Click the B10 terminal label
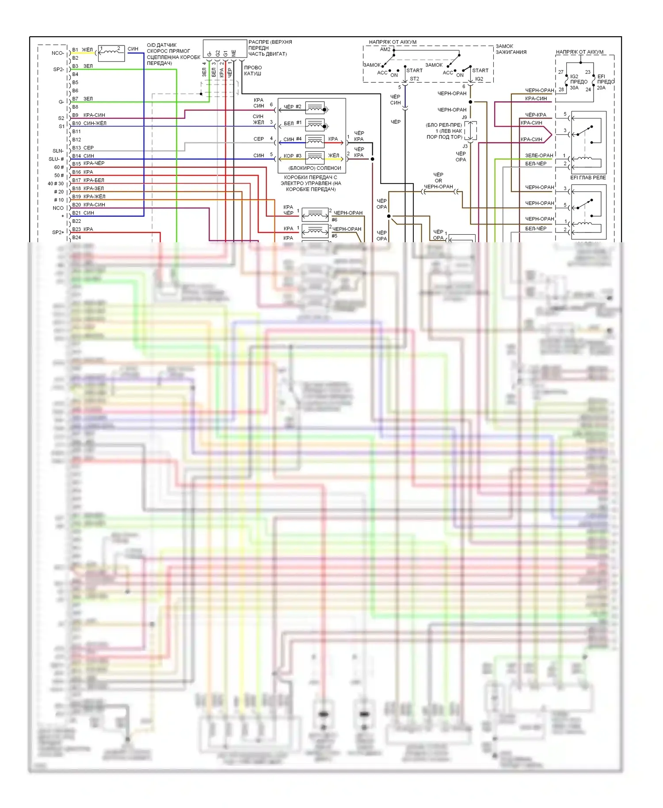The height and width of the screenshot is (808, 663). pos(76,123)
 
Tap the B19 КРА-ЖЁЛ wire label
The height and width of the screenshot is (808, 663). pos(94,197)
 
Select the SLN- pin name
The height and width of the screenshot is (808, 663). pos(58,151)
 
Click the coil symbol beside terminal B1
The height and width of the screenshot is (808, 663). pos(111,53)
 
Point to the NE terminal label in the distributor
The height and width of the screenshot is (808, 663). pos(234,53)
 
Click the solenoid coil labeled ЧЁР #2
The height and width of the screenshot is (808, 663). pos(315,108)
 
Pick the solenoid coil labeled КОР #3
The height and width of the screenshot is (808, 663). pos(315,157)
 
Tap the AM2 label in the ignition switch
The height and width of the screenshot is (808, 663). pos(385,50)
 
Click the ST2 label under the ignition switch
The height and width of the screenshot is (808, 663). pos(414,79)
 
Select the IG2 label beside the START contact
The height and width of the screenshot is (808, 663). pos(479,79)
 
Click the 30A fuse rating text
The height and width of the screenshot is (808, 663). pos(574,88)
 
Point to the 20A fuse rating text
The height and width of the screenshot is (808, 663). pos(601,88)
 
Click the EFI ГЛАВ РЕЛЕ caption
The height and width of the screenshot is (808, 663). pos(588,178)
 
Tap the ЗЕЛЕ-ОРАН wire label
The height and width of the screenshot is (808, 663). pos(539,156)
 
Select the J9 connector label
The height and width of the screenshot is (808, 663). pos(465,118)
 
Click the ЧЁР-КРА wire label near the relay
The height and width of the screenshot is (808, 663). pos(536,115)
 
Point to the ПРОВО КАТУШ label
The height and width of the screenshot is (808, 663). pos(253,71)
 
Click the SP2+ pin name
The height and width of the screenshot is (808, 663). pos(58,232)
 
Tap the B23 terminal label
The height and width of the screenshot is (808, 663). pos(76,229)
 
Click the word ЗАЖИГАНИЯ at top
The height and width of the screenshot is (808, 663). pos(511,52)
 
